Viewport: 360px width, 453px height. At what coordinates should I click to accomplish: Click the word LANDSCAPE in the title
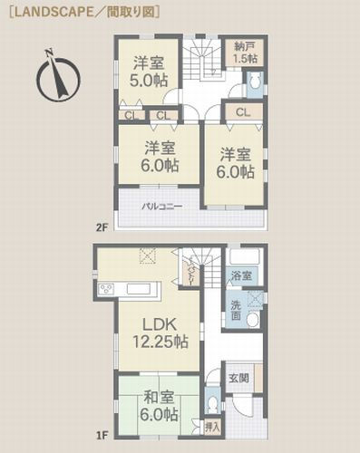(x=47, y=10)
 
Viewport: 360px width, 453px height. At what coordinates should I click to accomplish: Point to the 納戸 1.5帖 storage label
(x=243, y=52)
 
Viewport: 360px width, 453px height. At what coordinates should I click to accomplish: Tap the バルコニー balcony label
(x=161, y=207)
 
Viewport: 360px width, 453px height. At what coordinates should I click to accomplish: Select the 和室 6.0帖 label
(x=158, y=405)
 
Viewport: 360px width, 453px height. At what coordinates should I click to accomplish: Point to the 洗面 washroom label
(x=235, y=309)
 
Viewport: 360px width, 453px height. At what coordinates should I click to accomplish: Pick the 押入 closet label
(x=211, y=423)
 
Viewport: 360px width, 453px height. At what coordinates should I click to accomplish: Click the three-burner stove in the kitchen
(x=105, y=289)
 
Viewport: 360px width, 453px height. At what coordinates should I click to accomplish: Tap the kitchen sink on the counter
(x=141, y=289)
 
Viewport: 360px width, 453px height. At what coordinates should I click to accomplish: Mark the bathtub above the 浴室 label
(x=244, y=255)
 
